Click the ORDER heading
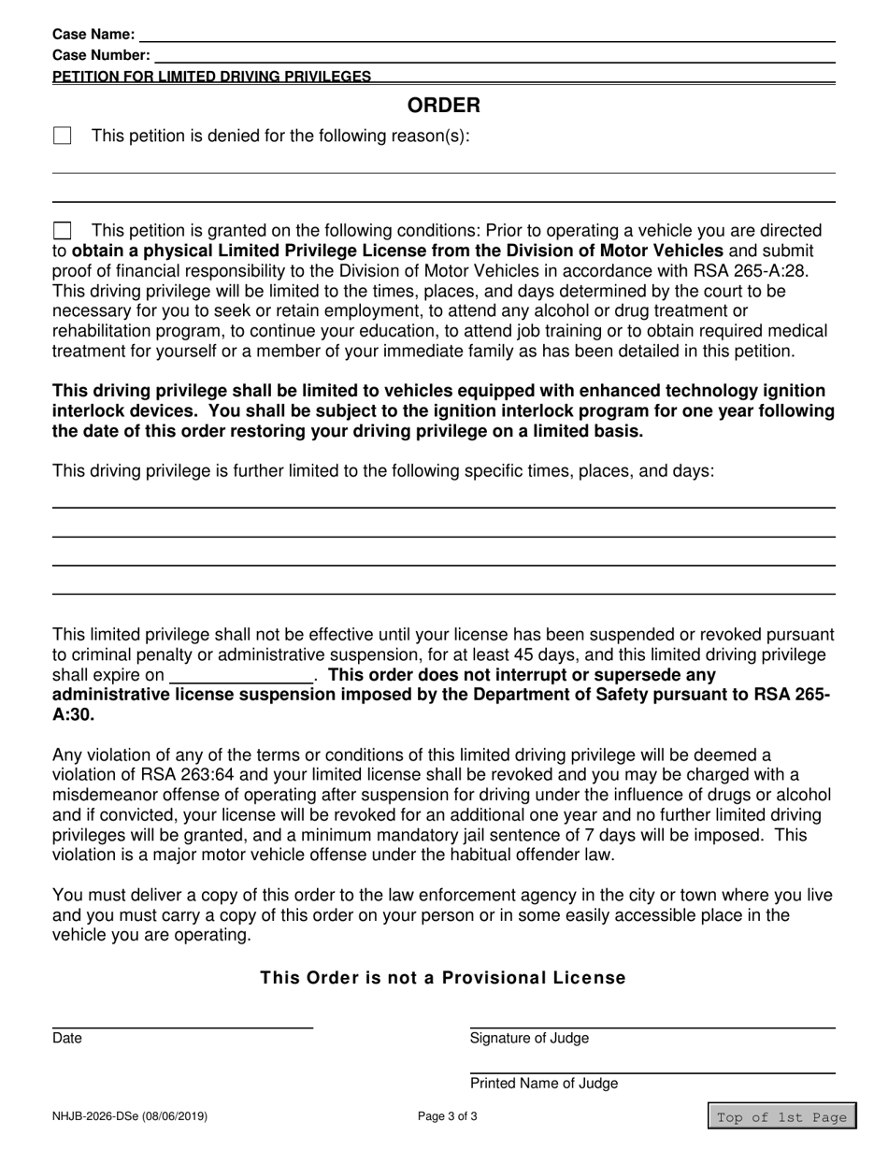443,105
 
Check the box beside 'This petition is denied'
63,137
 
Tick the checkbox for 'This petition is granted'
63,231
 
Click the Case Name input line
486,35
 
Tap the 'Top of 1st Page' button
781,1116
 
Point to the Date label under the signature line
67,1038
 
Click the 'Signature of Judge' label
529,1038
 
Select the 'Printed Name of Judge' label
543,1084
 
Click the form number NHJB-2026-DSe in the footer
130,1116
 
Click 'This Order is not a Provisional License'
443,978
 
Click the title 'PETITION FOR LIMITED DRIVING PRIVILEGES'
211,77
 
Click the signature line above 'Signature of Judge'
652,1028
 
